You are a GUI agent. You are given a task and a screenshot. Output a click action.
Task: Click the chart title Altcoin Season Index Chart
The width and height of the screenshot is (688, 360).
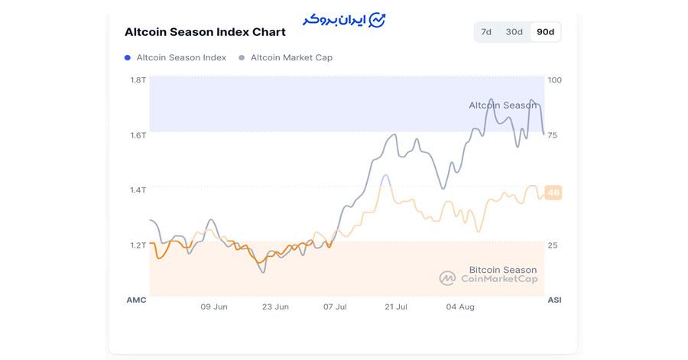tap(205, 32)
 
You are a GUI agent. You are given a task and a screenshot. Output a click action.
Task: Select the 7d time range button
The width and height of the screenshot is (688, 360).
tap(486, 32)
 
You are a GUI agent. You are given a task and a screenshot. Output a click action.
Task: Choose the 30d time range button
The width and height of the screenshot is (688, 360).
tap(514, 32)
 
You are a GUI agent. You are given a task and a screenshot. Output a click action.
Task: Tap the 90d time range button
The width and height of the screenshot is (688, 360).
tap(546, 32)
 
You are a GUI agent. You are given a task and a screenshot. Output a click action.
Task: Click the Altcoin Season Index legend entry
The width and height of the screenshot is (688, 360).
tap(180, 57)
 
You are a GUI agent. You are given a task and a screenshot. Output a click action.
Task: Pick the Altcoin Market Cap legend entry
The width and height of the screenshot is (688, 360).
tap(291, 57)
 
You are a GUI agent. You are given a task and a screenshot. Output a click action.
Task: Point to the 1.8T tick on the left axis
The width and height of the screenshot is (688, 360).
tap(138, 80)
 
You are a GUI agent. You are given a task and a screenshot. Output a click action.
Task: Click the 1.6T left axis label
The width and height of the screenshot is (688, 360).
tap(138, 135)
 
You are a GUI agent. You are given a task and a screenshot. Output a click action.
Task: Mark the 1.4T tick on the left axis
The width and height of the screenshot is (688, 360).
tap(138, 190)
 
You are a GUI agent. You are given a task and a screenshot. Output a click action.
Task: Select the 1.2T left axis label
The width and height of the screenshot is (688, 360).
tap(138, 245)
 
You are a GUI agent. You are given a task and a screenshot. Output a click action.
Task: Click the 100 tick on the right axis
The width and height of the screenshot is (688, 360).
tap(554, 80)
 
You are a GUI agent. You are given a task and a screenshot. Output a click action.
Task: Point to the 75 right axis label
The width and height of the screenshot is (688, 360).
tap(553, 135)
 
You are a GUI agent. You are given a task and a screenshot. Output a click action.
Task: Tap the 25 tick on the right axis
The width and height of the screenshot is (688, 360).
tap(553, 245)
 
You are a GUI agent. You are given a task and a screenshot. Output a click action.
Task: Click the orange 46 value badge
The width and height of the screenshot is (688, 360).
tap(553, 193)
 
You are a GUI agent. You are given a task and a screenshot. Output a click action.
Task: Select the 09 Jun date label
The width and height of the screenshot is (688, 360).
tap(214, 307)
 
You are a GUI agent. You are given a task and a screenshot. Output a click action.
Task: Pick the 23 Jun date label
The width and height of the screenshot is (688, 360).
tap(275, 307)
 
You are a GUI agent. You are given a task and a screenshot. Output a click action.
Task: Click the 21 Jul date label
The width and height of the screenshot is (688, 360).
tap(396, 307)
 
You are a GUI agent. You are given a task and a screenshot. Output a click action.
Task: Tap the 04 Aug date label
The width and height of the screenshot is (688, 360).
tap(460, 307)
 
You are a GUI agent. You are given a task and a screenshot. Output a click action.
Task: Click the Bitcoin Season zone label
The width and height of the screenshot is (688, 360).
tap(502, 270)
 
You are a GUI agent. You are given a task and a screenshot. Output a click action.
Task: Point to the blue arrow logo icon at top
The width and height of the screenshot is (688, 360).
tap(377, 20)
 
